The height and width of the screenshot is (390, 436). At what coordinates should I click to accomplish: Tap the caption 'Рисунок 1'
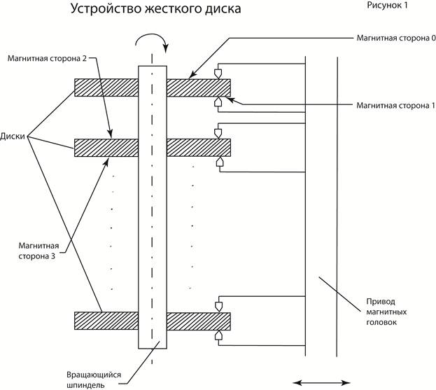coord(391,6)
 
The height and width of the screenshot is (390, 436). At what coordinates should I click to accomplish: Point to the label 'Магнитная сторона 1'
coord(395,105)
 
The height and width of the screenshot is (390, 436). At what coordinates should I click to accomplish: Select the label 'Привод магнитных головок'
coord(386,312)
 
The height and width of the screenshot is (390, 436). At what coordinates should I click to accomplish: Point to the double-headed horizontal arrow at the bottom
coord(320,382)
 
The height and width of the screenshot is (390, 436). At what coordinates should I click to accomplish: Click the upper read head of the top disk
coord(220,73)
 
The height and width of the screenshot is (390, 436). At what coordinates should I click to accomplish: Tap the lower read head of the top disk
coord(220,102)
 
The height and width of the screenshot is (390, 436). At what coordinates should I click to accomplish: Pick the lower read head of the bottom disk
coord(220,336)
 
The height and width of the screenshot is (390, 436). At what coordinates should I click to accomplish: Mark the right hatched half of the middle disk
coord(199,147)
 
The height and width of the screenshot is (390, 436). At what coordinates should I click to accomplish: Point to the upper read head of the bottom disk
coord(220,306)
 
